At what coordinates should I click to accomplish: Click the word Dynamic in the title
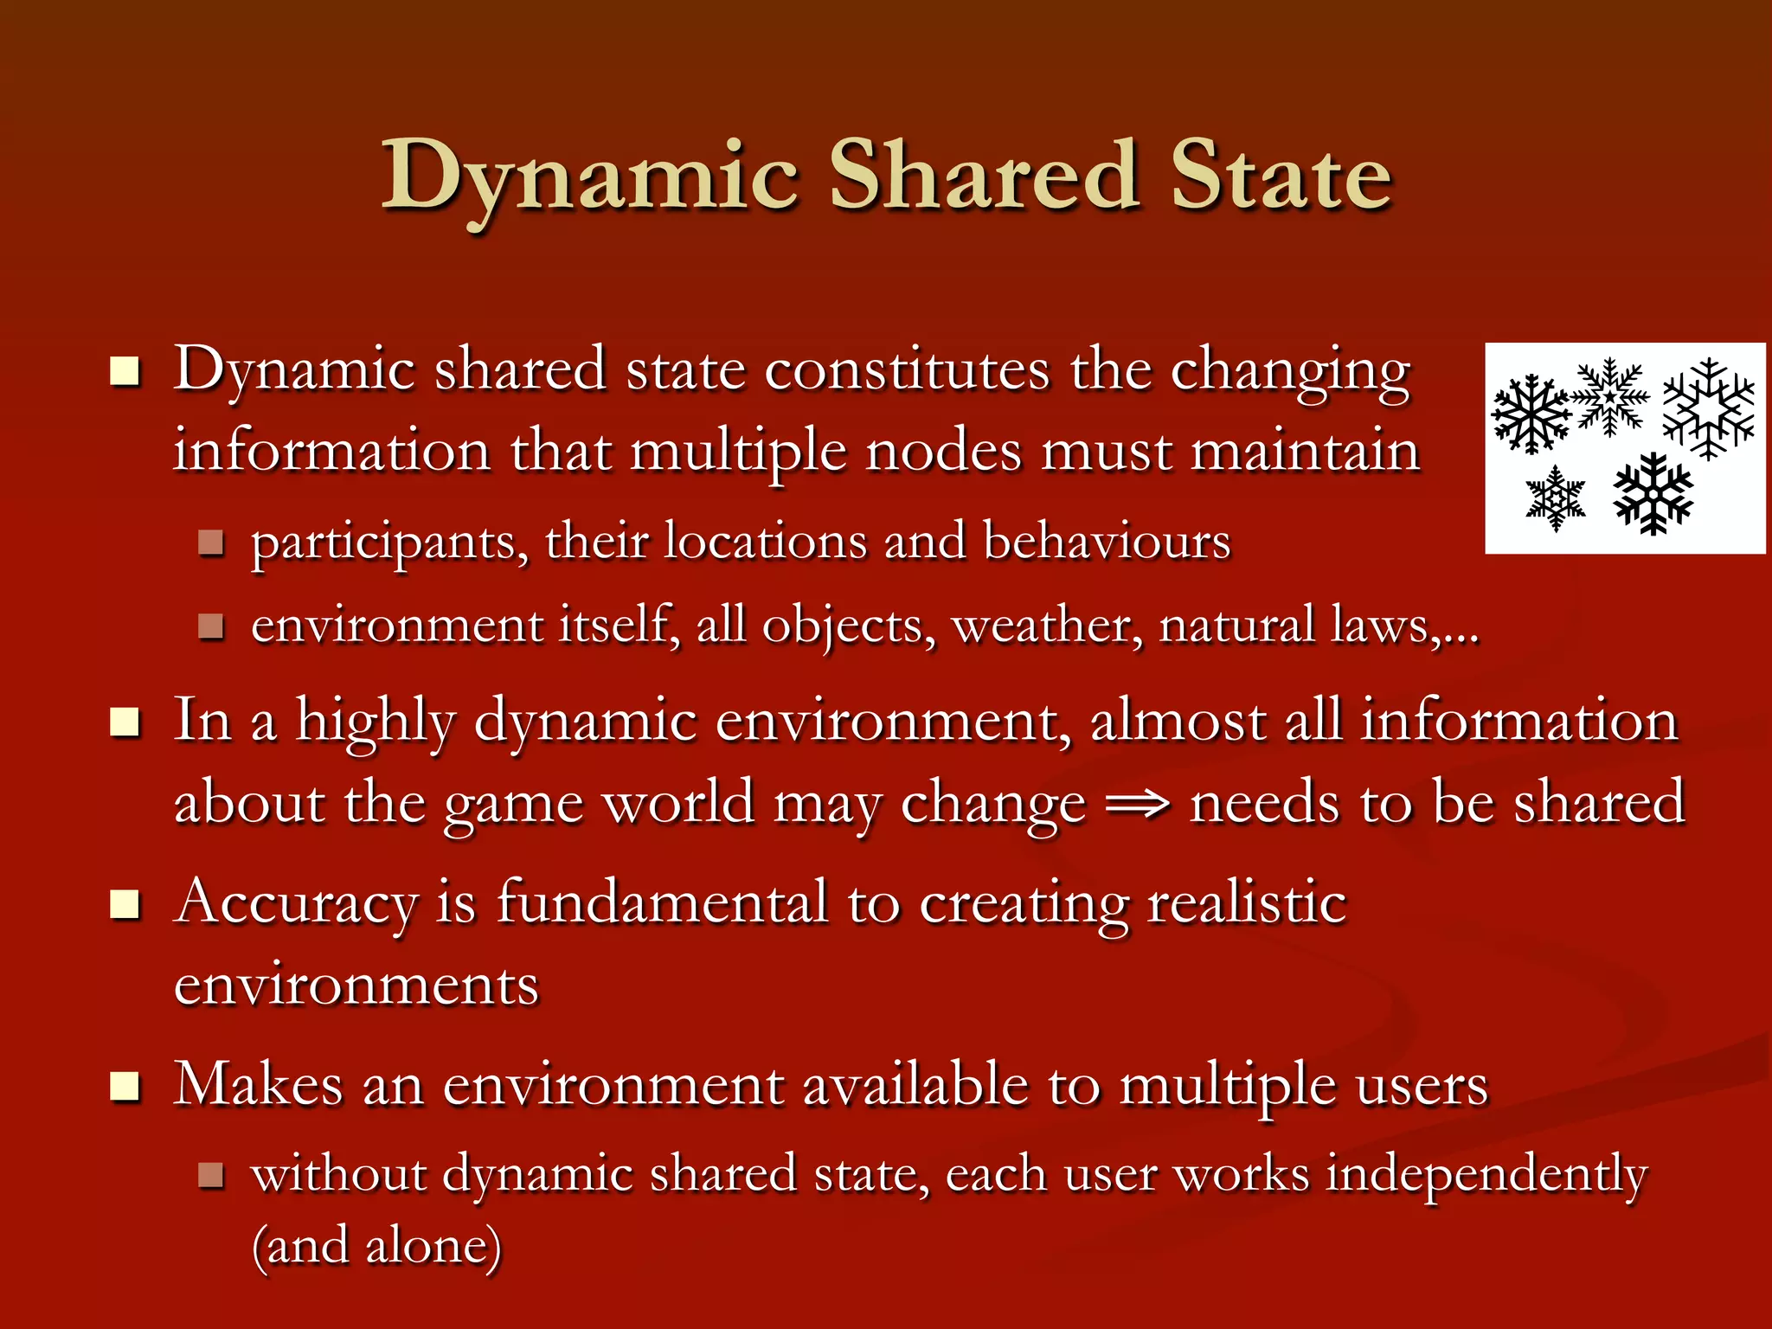[588, 177]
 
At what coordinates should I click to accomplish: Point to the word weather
[1047, 625]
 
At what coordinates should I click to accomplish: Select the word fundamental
[662, 902]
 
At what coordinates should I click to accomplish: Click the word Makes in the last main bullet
[258, 1084]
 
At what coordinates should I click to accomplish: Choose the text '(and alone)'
[376, 1247]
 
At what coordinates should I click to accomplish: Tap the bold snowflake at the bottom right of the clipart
[1653, 493]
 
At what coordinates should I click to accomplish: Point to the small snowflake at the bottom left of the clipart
[1555, 498]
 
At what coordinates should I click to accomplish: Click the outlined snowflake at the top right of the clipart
[1708, 408]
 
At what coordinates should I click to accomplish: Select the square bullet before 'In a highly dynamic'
[125, 722]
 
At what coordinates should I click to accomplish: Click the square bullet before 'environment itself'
[210, 626]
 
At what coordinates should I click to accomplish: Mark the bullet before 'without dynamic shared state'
[210, 1174]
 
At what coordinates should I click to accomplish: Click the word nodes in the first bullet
[943, 452]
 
